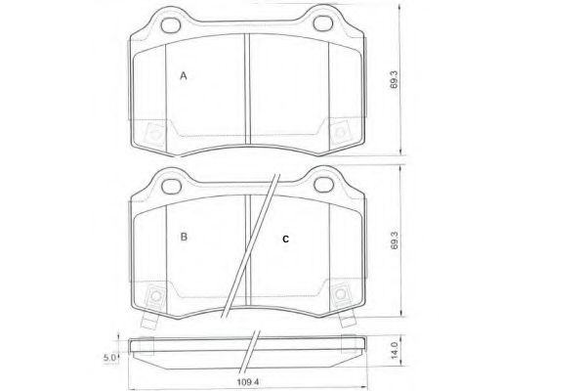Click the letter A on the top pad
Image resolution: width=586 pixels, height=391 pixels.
click(183, 75)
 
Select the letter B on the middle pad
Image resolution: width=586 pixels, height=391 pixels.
click(183, 237)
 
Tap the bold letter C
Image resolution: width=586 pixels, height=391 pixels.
click(285, 238)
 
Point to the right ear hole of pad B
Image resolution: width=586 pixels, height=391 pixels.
click(324, 183)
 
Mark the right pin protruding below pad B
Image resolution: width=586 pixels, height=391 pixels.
click(345, 321)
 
